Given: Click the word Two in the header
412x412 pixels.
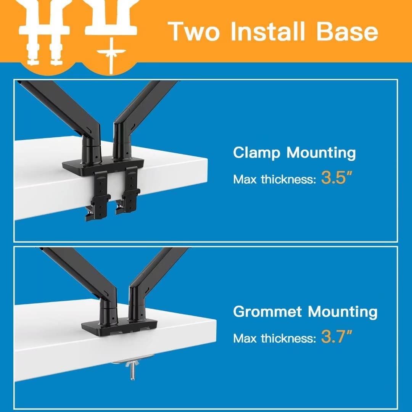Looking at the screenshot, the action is [x=194, y=31].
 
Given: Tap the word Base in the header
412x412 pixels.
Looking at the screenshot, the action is [x=347, y=31].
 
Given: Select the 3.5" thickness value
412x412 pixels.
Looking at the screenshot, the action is [x=336, y=177].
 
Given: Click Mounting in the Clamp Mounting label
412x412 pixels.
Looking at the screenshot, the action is [x=321, y=153].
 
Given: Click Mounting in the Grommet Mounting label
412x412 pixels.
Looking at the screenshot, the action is [x=342, y=312].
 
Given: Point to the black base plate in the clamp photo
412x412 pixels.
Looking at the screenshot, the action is [x=103, y=164].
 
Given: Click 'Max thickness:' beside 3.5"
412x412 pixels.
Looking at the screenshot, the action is [x=275, y=179].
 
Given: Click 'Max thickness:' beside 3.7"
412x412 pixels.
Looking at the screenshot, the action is [x=275, y=338].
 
